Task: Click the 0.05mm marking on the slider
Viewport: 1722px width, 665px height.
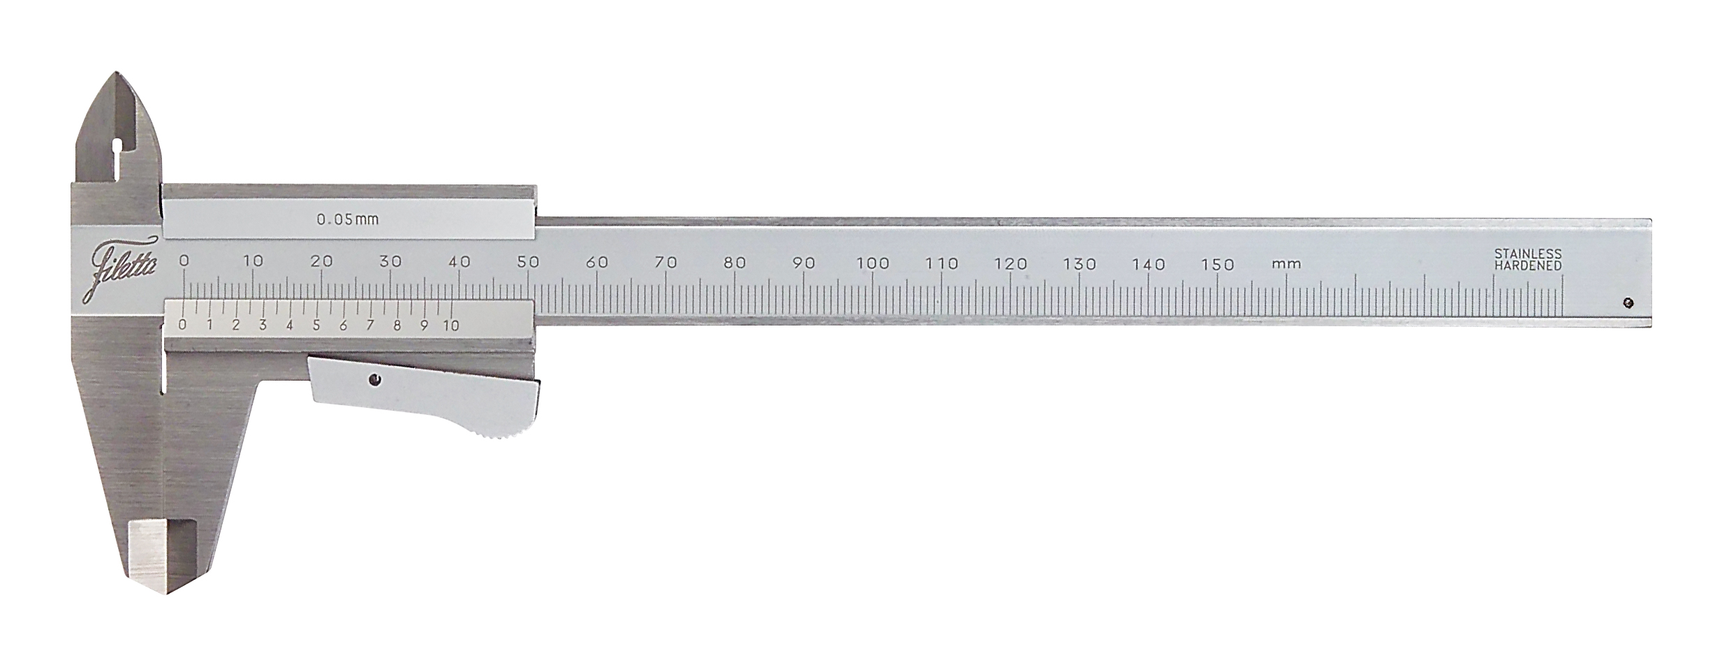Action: point(347,219)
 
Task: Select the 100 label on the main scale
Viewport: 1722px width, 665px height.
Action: point(873,263)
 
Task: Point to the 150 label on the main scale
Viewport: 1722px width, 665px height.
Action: point(1217,265)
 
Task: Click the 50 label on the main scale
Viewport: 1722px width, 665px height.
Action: point(528,262)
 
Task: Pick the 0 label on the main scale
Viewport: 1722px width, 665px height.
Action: point(184,261)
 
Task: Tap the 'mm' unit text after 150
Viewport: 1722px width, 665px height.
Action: point(1286,265)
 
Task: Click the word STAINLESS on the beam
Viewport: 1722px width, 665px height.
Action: point(1527,254)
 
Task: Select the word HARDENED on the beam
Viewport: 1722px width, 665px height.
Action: point(1527,265)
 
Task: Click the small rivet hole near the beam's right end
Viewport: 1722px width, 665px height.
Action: point(1628,302)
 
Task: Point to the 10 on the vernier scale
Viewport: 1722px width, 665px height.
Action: point(450,326)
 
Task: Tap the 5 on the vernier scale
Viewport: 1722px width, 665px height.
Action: point(316,326)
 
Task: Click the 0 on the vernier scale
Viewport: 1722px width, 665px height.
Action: point(182,325)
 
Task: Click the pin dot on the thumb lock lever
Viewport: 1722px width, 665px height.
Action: point(376,380)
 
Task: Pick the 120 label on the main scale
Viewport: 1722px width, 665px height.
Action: point(1010,264)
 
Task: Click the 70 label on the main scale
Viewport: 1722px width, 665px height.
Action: point(665,263)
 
